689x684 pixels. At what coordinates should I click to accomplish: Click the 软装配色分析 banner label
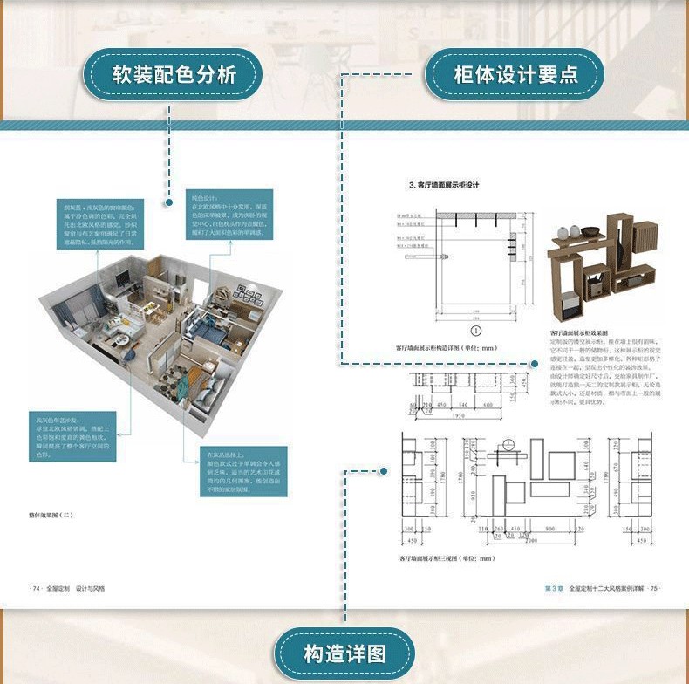[x=173, y=74]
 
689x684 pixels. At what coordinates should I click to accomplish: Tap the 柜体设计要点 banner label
[x=515, y=74]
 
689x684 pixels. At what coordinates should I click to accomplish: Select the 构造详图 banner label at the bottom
[x=344, y=653]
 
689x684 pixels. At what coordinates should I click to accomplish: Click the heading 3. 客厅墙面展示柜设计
[x=445, y=185]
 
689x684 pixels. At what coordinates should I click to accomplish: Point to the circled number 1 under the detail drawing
[x=476, y=331]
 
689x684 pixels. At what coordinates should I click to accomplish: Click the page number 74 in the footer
[x=38, y=589]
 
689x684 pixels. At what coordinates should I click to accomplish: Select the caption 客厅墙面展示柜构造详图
[x=447, y=348]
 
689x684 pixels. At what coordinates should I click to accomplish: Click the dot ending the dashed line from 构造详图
[x=385, y=472]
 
